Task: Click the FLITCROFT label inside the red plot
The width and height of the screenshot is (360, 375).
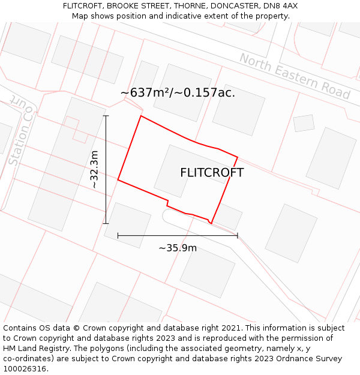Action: [212, 173]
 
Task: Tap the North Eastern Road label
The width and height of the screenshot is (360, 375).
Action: [295, 76]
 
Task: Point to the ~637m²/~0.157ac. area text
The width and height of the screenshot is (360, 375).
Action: [178, 93]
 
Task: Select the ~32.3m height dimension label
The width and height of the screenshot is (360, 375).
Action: [95, 170]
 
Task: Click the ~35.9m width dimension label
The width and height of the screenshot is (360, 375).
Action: [178, 248]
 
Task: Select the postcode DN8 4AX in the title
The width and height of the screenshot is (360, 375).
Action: [281, 6]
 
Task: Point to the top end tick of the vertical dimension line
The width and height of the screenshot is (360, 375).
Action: [106, 116]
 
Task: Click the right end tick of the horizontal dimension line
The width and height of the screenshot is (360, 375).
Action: [238, 235]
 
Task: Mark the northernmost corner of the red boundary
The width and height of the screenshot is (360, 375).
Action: [141, 116]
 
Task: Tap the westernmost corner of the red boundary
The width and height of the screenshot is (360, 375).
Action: [118, 179]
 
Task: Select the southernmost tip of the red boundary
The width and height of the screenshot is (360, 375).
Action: [211, 223]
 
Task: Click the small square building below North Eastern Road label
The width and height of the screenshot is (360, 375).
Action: [304, 123]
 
